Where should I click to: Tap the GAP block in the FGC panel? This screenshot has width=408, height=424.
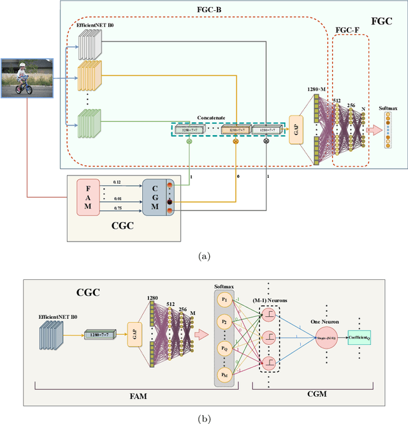tap(296, 130)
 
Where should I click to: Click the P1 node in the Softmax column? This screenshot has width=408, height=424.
tap(224, 300)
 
